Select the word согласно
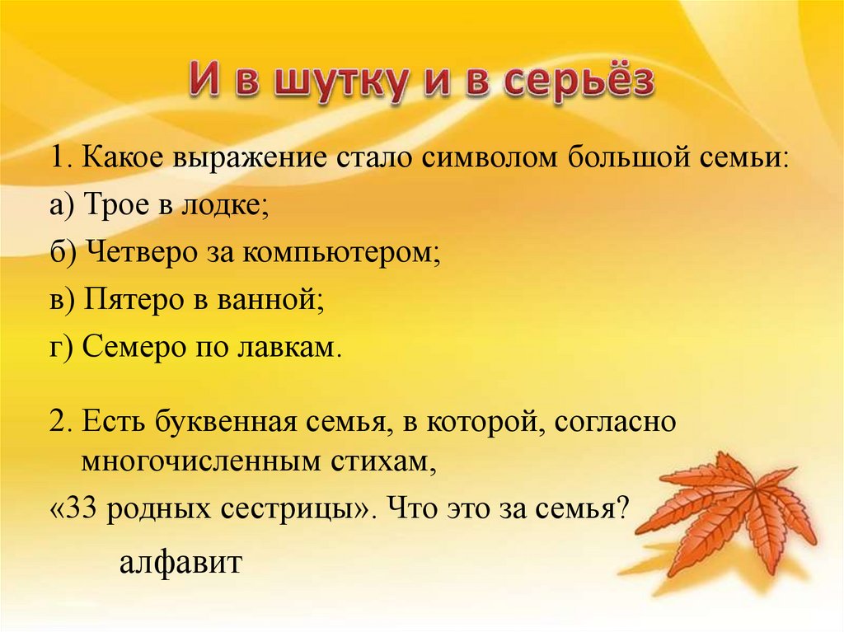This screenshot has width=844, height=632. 615,424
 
